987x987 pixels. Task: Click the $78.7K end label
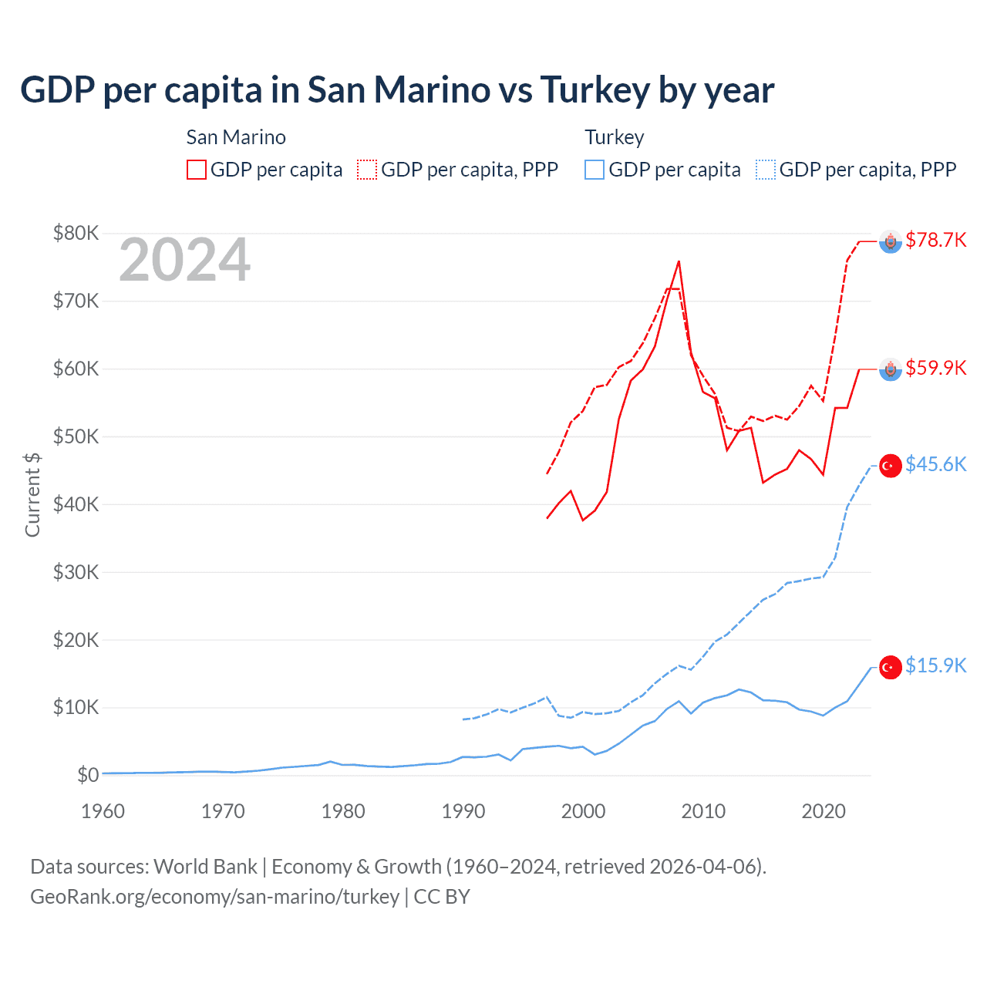point(935,240)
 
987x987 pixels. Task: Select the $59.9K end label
point(935,368)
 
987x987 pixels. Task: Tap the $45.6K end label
point(935,464)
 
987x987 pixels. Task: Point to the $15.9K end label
point(935,665)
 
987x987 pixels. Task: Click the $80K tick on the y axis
point(76,233)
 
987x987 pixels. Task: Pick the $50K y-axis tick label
point(76,436)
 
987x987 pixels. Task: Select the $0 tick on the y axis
point(88,775)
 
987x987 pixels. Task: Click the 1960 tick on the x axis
point(103,811)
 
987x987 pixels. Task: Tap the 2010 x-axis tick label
point(703,811)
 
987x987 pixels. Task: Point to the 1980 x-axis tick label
point(343,811)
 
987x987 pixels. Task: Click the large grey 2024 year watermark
point(184,261)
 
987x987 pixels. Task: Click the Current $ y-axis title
point(32,494)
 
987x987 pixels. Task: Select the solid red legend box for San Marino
point(197,170)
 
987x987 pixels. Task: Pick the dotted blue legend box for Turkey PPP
point(766,170)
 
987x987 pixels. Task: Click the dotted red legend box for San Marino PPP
point(367,170)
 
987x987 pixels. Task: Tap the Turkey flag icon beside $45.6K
point(891,466)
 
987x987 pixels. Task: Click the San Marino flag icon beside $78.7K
point(891,242)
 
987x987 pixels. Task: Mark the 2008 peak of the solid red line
point(679,261)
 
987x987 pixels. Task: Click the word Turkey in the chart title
point(595,90)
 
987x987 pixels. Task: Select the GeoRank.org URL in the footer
point(214,897)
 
